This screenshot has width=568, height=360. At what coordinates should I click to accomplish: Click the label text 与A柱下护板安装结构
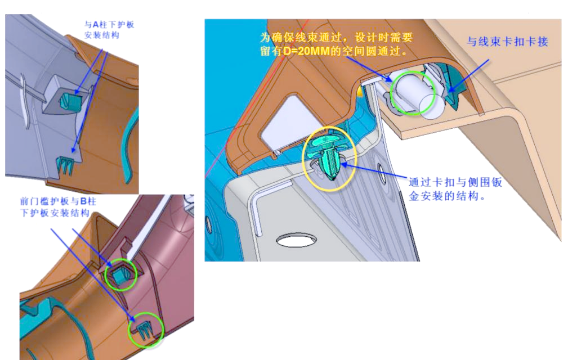pos(109,30)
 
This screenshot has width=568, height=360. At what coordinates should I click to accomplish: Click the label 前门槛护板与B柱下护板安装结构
pos(58,206)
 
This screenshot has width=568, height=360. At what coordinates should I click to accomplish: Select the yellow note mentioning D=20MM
pos(336,44)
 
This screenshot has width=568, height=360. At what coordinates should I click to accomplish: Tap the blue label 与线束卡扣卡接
pos(507,42)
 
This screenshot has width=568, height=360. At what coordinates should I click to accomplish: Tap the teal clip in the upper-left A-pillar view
pos(71,101)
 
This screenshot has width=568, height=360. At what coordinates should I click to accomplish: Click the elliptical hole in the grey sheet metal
pos(296,240)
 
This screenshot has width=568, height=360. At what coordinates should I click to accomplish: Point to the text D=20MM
pos(306,51)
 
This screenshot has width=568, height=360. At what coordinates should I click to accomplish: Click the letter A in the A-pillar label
pos(96,25)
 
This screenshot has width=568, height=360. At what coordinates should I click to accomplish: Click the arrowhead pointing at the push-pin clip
pos(345,165)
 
